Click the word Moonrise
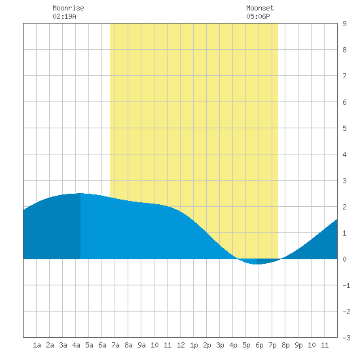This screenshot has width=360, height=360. (x=68, y=8)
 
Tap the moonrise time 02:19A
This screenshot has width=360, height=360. (x=64, y=16)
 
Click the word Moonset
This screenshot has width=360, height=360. (x=260, y=8)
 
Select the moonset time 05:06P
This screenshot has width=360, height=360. (x=258, y=16)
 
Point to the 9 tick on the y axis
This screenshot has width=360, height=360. (x=344, y=24)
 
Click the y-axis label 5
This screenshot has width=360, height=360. (x=344, y=128)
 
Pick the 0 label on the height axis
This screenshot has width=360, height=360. (x=344, y=259)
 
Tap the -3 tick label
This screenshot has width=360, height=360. (x=346, y=338)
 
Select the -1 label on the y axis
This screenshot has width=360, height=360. (x=346, y=285)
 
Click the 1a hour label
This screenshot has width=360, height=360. (x=37, y=345)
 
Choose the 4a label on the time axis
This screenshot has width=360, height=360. (x=76, y=345)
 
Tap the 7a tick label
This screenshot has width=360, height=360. (x=115, y=345)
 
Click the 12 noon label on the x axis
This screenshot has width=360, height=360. (x=181, y=345)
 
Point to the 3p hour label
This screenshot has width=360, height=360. (x=220, y=345)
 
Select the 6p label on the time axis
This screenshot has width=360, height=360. (x=259, y=345)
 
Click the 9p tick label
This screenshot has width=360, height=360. (x=298, y=345)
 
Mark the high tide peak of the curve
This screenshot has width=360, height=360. (x=80, y=193)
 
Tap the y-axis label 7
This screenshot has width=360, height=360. (x=344, y=76)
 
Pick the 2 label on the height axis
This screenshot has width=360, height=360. (x=344, y=207)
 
